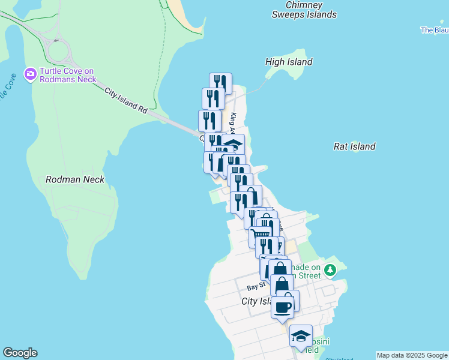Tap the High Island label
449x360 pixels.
click(289, 62)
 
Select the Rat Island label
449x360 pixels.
click(354, 146)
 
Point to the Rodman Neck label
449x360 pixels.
click(75, 179)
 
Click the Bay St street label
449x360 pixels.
click(256, 288)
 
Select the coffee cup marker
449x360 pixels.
click(282, 307)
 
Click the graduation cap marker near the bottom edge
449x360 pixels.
click(301, 336)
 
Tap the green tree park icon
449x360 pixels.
click(330, 271)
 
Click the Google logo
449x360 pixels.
click(20, 353)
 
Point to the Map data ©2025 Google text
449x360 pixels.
click(412, 355)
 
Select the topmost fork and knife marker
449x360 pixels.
click(220, 83)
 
